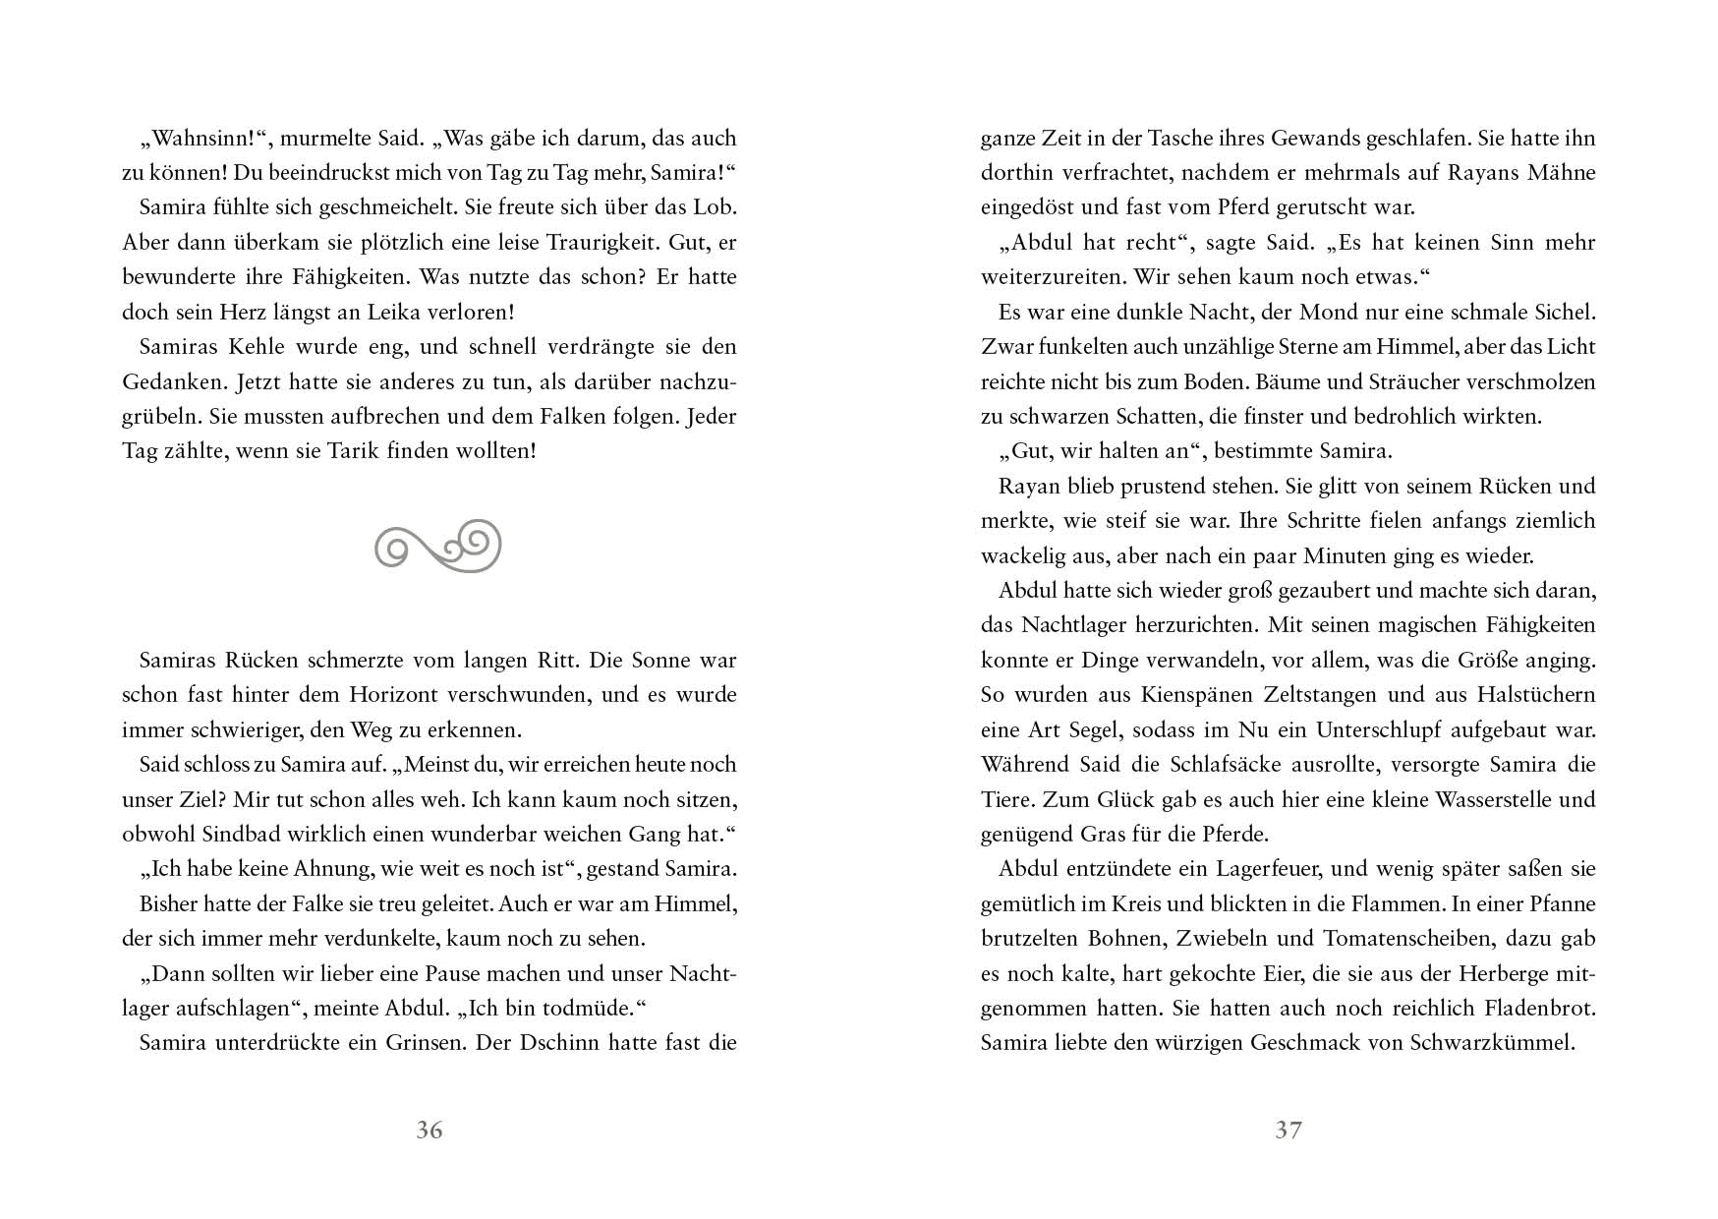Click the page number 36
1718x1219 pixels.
tap(429, 1131)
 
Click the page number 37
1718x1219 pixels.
tap(1288, 1131)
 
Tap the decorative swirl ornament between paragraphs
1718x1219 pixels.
tap(438, 546)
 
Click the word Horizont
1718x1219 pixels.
tap(393, 695)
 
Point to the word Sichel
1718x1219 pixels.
tap(1562, 313)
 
